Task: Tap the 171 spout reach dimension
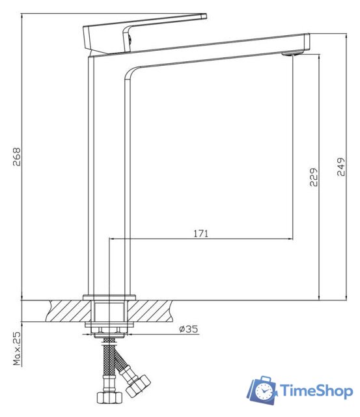(201, 233)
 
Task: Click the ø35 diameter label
(188, 329)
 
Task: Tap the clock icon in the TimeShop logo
(264, 392)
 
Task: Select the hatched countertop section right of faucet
(169, 311)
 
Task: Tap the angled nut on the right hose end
(138, 386)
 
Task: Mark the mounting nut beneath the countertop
(109, 326)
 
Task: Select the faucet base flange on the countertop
(109, 298)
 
